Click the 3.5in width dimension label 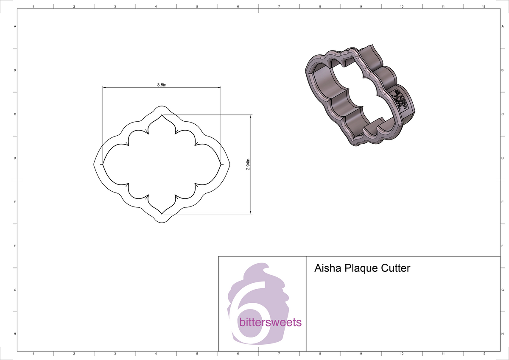pyautogui.click(x=161, y=85)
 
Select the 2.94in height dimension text pyautogui.click(x=248, y=165)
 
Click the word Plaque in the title pyautogui.click(x=362, y=269)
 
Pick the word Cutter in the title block pyautogui.click(x=397, y=268)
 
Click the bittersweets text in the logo pyautogui.click(x=270, y=323)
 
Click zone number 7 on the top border pyautogui.click(x=279, y=7)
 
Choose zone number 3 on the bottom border pyautogui.click(x=115, y=353)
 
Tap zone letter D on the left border pyautogui.click(x=15, y=158)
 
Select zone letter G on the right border pyautogui.click(x=502, y=290)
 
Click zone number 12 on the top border pyautogui.click(x=484, y=7)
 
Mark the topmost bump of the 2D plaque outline pyautogui.click(x=161, y=106)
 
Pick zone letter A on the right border pyautogui.click(x=502, y=26)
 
